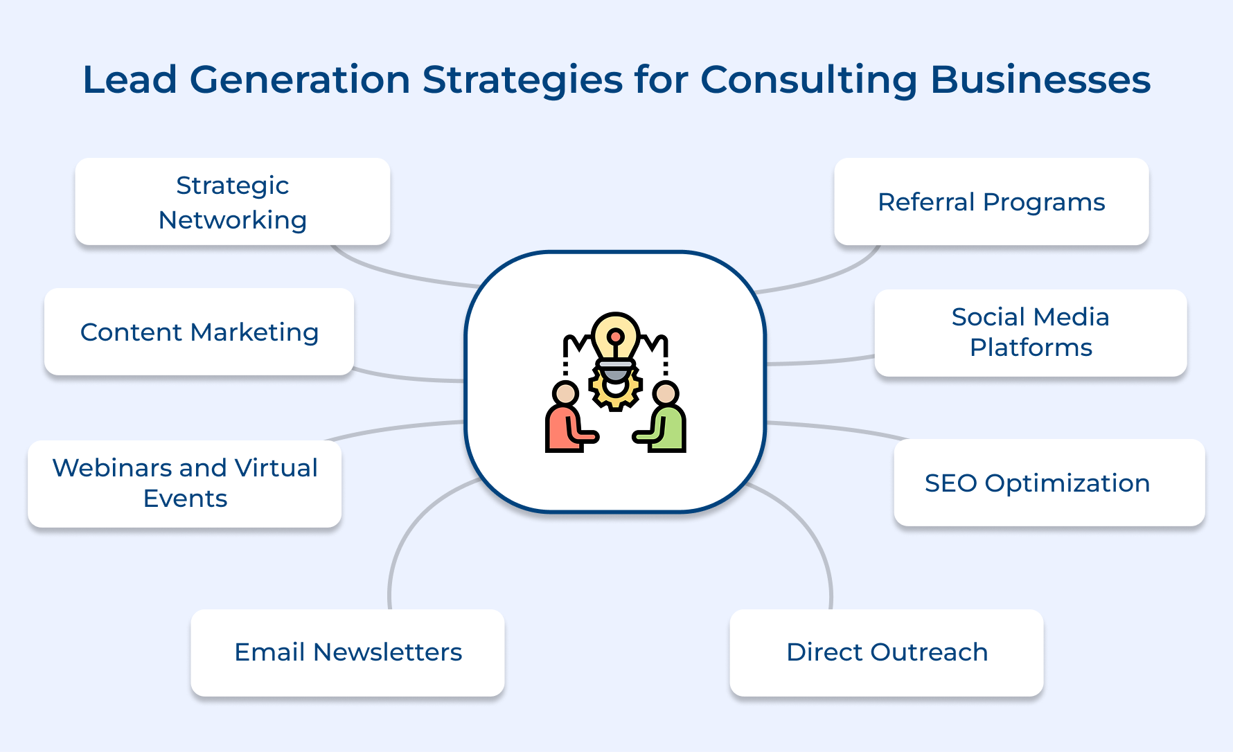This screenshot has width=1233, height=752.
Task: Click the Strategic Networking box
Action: pos(233,202)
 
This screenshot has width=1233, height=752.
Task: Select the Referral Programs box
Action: pos(991,202)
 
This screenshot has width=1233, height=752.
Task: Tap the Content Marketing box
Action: pos(199,332)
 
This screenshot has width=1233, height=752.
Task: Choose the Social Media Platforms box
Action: pos(1030,332)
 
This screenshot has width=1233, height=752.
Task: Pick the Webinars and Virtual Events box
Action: pos(185,483)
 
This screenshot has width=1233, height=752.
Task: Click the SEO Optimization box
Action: pos(1049,483)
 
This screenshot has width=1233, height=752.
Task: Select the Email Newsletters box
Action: pos(348,652)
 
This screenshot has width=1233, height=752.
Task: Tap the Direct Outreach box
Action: pos(887,652)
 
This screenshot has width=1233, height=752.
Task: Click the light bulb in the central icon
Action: pos(615,336)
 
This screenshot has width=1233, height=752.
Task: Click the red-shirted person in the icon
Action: pos(567,422)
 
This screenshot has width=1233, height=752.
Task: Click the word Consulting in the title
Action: pos(809,80)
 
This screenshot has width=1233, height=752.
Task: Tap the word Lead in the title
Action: pos(130,80)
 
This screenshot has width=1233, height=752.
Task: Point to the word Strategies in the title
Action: pos(523,80)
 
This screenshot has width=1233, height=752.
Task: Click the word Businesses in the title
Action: pos(1040,80)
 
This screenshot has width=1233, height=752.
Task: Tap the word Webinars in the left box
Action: pos(112,468)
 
